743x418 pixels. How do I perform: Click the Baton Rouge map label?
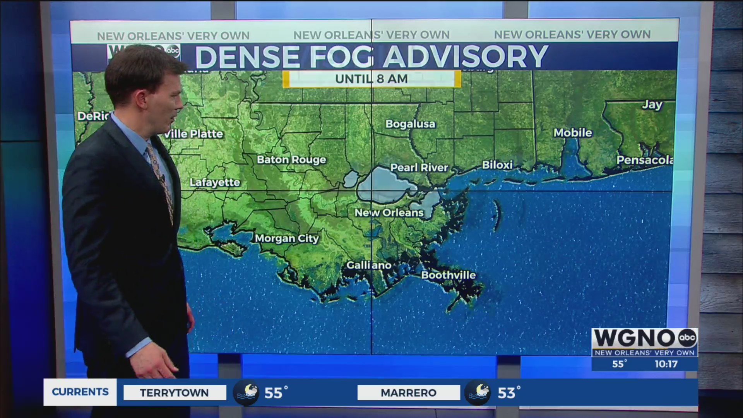(291, 159)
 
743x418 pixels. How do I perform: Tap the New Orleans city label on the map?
(389, 212)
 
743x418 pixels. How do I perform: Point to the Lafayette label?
(215, 182)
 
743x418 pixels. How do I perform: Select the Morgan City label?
(287, 238)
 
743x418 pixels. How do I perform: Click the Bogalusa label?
(410, 124)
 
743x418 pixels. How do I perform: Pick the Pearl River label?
(419, 168)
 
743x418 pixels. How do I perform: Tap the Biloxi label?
(497, 165)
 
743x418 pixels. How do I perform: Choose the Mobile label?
(573, 133)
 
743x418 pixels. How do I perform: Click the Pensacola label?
(645, 160)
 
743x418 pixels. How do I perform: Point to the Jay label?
(652, 104)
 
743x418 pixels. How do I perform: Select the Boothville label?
(448, 275)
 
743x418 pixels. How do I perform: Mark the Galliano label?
(369, 265)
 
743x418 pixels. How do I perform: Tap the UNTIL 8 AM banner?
(371, 79)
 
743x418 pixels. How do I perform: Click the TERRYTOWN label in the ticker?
(174, 392)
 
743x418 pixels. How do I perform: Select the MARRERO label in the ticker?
(408, 392)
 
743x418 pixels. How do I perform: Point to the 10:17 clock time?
(666, 364)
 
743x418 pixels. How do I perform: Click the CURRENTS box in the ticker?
(80, 392)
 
